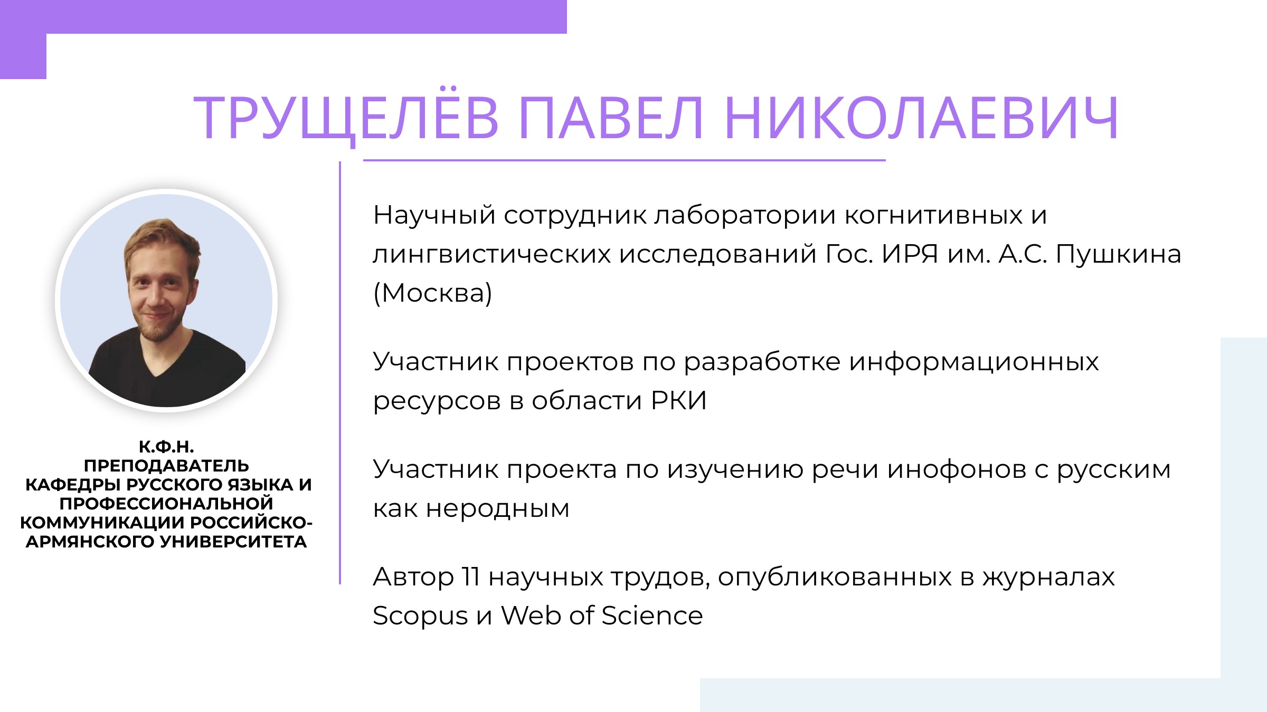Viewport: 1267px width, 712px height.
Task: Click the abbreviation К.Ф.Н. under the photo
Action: coord(166,447)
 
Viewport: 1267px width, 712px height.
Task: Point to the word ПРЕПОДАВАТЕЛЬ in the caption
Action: coord(166,466)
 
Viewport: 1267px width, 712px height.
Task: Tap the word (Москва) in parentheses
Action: coord(432,293)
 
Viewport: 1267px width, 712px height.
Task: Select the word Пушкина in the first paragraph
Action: coord(1118,254)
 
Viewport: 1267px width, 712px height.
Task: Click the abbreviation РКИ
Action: coord(679,400)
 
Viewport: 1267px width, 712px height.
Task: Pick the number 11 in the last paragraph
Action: coord(470,576)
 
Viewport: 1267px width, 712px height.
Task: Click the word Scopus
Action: coord(420,616)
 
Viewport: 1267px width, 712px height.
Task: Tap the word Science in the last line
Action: coord(652,615)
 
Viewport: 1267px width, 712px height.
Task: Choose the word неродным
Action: coord(497,509)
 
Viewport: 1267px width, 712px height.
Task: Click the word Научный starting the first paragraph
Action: coord(434,215)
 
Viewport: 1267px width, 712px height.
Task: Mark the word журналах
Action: coord(1048,576)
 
